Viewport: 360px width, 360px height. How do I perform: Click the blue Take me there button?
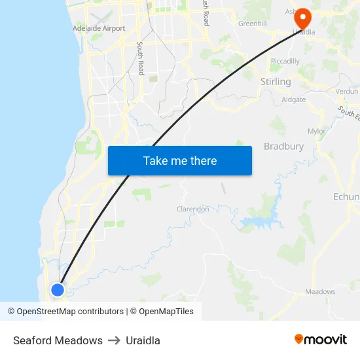pos(180,160)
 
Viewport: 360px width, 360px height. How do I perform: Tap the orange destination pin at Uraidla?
pos(303,18)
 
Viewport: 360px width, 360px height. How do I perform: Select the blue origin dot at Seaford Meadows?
pos(58,289)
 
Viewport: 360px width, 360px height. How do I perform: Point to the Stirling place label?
pos(276,81)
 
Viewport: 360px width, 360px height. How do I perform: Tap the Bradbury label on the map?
pos(283,146)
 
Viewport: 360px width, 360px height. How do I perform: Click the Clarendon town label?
pos(193,209)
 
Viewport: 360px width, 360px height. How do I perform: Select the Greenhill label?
pos(252,24)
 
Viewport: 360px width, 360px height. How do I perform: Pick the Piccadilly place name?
pos(285,61)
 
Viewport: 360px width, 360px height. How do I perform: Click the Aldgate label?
pos(293,99)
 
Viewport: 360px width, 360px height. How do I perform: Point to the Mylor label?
pos(316,131)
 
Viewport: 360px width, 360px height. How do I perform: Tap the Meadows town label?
pos(320,291)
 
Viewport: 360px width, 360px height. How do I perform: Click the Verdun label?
pos(347,92)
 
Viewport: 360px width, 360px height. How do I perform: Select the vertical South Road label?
pos(140,58)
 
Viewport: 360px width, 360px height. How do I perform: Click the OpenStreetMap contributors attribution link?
pos(70,312)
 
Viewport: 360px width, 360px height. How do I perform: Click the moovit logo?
pos(320,339)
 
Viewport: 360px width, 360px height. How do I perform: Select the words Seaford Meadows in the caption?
pos(58,340)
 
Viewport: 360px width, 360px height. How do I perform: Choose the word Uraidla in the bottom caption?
pos(143,340)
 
